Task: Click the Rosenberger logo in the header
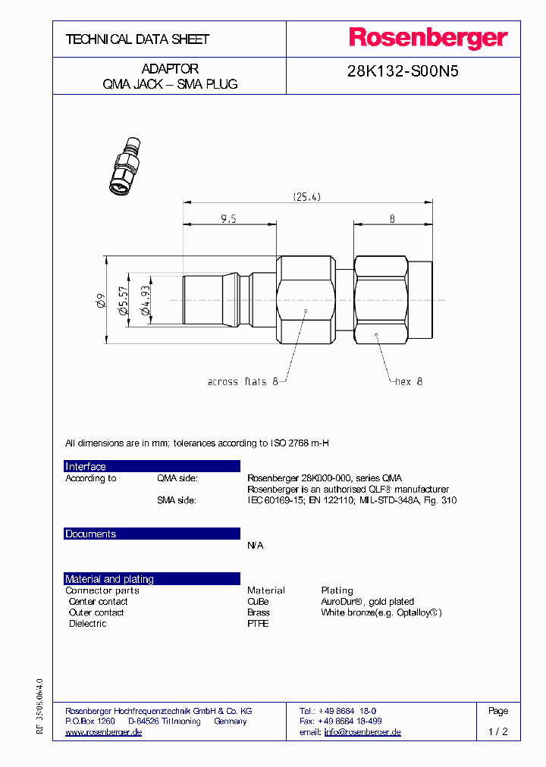pyautogui.click(x=428, y=38)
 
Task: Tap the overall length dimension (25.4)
pyautogui.click(x=307, y=197)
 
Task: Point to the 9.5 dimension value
pyautogui.click(x=229, y=218)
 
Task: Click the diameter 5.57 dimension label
pyautogui.click(x=122, y=301)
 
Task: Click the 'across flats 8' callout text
pyautogui.click(x=237, y=382)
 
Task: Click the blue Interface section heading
pyautogui.click(x=86, y=467)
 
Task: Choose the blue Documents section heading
pyautogui.click(x=90, y=534)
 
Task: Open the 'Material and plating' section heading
pyautogui.click(x=109, y=579)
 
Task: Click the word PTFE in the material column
pyautogui.click(x=258, y=624)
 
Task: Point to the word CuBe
pyautogui.click(x=258, y=601)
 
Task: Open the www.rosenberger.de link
pyautogui.click(x=103, y=732)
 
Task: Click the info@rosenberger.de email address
pyautogui.click(x=362, y=732)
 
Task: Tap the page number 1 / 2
pyautogui.click(x=497, y=732)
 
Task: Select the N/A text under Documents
pyautogui.click(x=256, y=546)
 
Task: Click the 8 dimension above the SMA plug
pyautogui.click(x=392, y=218)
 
